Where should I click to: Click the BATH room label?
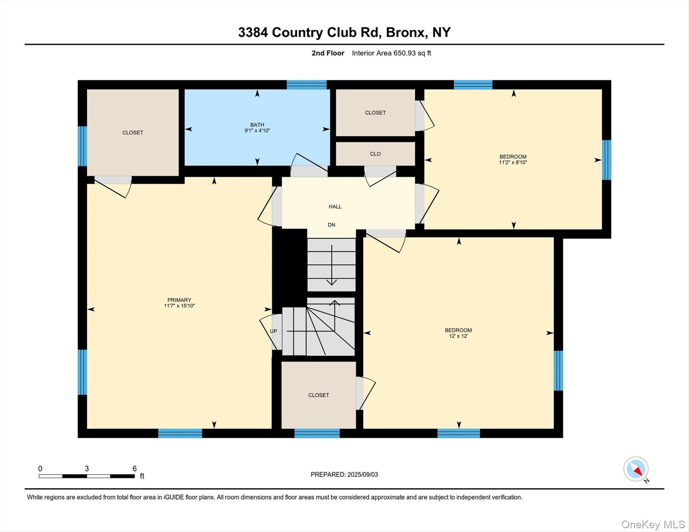257,125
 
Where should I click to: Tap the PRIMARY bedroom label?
179,300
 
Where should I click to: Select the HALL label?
335,207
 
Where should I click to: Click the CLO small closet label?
375,154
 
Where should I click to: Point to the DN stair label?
331,225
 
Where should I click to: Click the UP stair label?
273,331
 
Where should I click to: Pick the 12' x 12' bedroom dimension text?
458,336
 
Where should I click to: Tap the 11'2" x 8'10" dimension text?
513,162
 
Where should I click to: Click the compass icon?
636,469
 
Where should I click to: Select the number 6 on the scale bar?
134,469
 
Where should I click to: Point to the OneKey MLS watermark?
653,524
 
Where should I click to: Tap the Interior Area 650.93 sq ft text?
391,53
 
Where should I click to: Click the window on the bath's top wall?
306,85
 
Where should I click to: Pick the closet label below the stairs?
319,395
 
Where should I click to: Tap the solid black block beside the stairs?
290,267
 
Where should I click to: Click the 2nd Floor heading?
328,53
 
